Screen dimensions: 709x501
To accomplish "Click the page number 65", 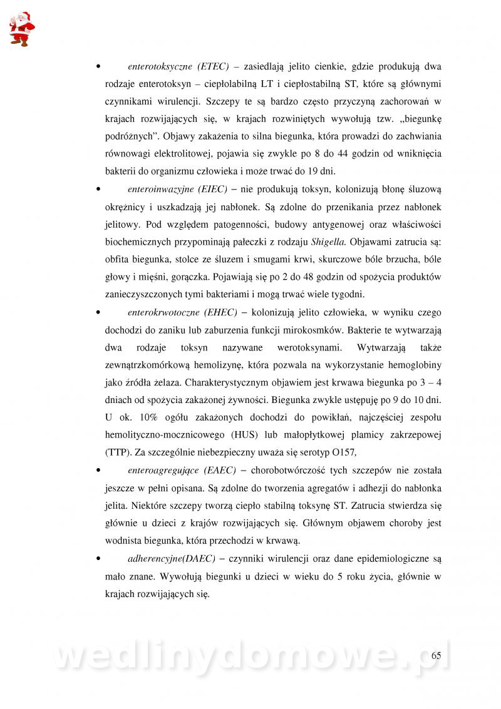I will pos(436,655).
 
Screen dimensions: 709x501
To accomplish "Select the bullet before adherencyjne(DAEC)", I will pos(98,558).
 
